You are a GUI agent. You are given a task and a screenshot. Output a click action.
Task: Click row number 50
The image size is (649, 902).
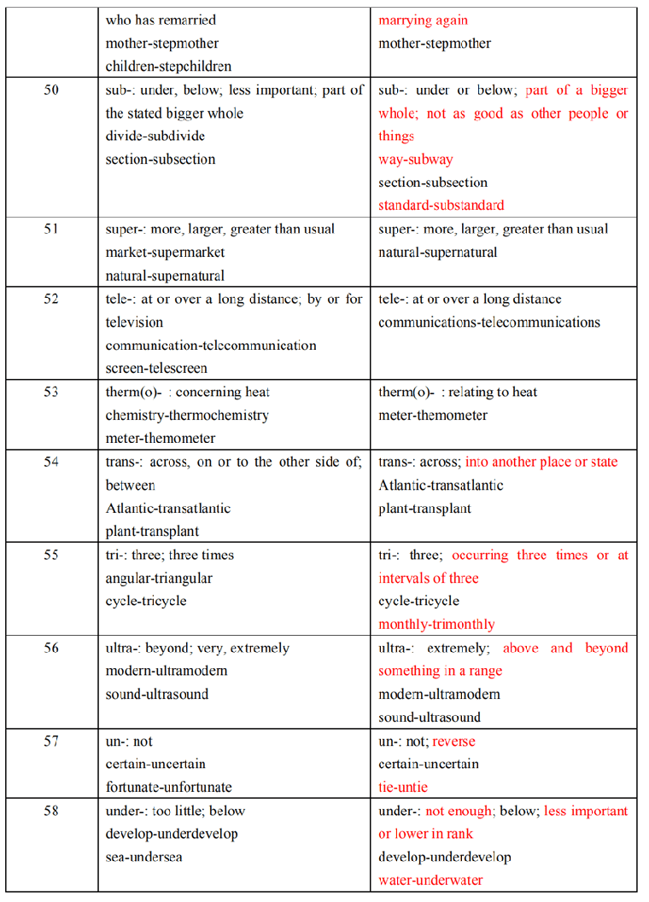pos(51,90)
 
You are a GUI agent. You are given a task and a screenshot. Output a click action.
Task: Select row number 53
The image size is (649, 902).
pos(51,393)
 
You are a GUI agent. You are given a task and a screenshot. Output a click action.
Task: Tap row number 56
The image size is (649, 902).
pos(51,649)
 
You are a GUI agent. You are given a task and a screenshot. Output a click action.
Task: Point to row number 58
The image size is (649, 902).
pos(51,811)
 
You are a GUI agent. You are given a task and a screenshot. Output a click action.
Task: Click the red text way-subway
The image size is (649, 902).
pos(416,160)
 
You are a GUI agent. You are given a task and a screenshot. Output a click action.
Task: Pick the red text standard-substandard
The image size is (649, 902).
pos(441,206)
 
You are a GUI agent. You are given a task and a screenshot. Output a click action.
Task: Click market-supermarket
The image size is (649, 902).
pos(165,253)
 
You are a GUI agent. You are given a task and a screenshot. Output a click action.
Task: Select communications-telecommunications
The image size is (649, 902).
pos(489,323)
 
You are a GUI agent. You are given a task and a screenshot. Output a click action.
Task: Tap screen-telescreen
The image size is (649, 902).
pos(156,369)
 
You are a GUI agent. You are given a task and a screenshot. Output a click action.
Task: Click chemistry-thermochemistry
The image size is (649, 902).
pos(187,416)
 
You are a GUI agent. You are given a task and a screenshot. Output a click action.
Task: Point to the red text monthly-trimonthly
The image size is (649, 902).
pos(436,625)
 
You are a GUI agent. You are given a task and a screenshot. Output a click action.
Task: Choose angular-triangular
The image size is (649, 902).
pos(159,579)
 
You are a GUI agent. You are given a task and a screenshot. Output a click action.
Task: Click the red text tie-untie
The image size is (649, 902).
pos(403,787)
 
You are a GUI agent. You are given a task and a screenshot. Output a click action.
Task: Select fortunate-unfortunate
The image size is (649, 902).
pos(168,787)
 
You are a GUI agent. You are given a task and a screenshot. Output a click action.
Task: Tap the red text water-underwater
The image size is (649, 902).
pos(430,880)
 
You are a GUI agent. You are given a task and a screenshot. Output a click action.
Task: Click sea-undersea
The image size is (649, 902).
pos(143,857)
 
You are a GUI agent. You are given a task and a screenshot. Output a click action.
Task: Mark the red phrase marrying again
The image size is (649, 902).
pos(424,20)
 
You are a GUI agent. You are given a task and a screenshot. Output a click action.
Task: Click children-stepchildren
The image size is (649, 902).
pos(168,67)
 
